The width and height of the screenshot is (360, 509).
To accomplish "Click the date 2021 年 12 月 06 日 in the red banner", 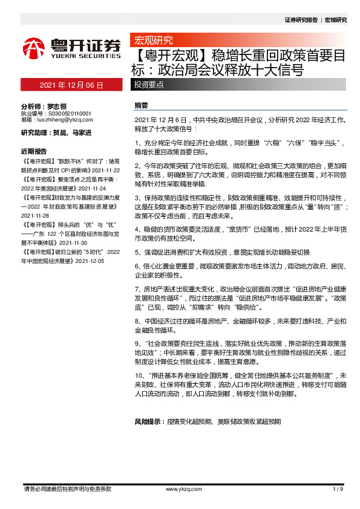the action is click(x=71, y=85).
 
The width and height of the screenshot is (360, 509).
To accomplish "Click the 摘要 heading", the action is click(x=141, y=105).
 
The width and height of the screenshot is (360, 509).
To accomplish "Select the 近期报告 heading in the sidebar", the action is click(x=34, y=151).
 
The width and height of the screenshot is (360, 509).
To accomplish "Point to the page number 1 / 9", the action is click(x=338, y=488).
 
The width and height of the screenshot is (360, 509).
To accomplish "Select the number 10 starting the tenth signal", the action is click(x=137, y=375).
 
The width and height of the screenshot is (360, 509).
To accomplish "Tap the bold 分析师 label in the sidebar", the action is click(x=33, y=105).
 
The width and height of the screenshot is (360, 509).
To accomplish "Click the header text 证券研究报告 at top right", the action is click(x=301, y=20).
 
